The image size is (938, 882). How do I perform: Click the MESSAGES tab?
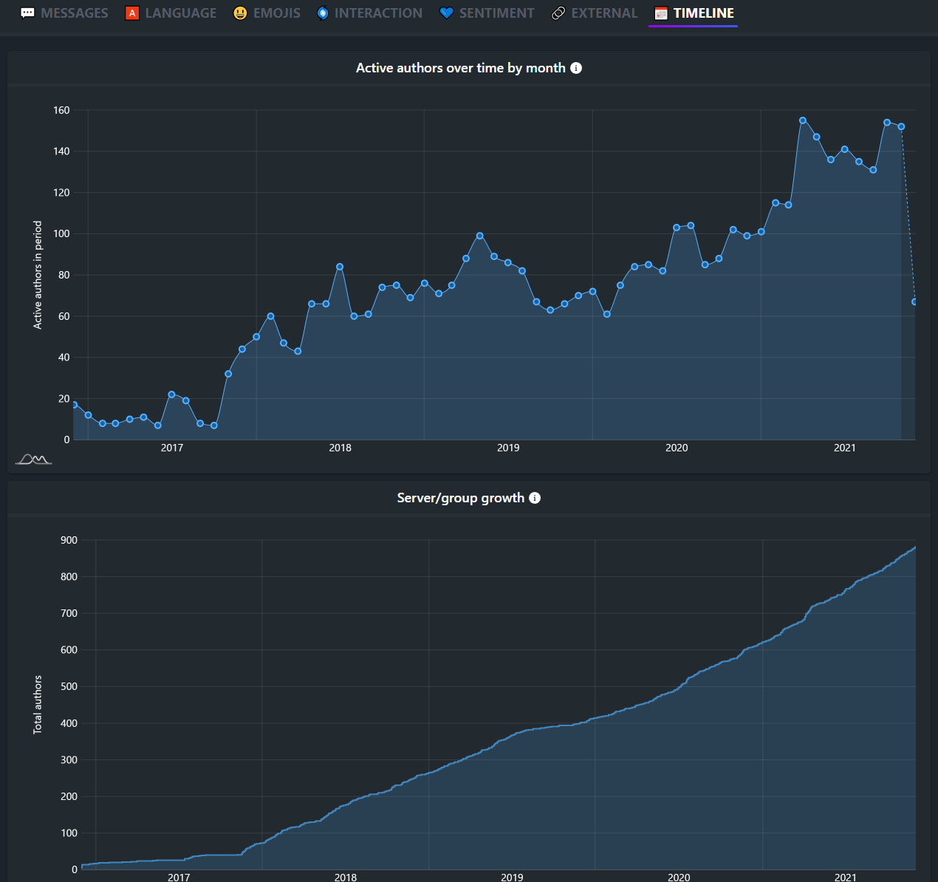point(64,13)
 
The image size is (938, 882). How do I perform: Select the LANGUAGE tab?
point(171,13)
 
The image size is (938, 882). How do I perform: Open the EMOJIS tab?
point(267,13)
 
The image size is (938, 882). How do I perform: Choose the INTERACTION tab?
point(369,13)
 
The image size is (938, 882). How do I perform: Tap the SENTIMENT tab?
point(487,13)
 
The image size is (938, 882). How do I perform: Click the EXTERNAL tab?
point(595,13)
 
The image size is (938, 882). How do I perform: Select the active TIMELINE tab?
point(694,13)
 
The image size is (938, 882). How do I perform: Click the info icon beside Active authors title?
point(576,68)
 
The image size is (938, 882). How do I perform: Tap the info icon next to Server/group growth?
point(535,498)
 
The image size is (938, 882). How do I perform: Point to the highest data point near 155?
point(803,120)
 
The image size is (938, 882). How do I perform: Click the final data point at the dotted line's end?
point(914,301)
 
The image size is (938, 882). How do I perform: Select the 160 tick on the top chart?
point(61,110)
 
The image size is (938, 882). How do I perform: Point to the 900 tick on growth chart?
point(69,540)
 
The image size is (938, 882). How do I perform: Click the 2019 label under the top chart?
point(508,448)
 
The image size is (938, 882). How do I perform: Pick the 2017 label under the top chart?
point(172,448)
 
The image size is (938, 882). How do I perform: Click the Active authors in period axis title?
point(38,275)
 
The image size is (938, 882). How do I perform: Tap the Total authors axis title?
point(38,704)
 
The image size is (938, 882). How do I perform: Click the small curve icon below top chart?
point(33,459)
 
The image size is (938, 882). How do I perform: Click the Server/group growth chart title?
point(460,498)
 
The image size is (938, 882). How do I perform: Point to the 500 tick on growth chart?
point(69,686)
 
